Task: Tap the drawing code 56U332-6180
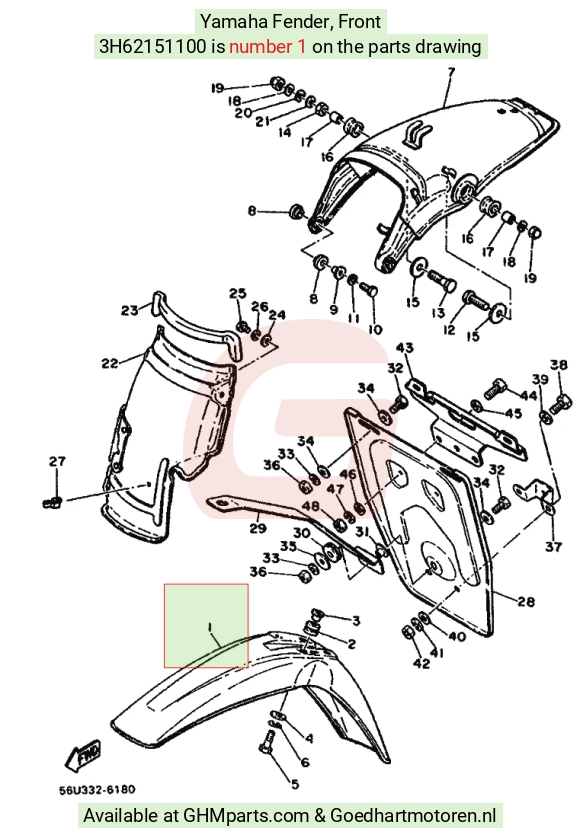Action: tap(97, 789)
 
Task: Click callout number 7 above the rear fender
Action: tap(451, 72)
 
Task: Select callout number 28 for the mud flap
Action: tap(526, 602)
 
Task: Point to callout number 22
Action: tap(110, 363)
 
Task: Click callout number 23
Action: tap(130, 310)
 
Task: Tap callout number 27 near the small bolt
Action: tap(57, 461)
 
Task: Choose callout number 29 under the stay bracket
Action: tap(258, 528)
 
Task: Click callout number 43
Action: tap(404, 348)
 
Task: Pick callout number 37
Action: tap(553, 547)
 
